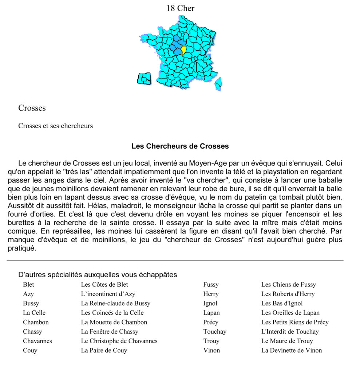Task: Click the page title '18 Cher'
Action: click(180, 8)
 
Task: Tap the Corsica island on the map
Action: click(218, 83)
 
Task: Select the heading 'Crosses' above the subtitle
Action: click(32, 108)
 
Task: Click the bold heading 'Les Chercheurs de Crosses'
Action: click(180, 146)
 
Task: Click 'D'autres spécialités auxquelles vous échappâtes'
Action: click(98, 275)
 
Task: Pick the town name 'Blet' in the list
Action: click(29, 285)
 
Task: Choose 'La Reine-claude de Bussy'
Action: click(115, 303)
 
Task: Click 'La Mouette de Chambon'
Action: click(114, 322)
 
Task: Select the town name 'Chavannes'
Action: click(37, 341)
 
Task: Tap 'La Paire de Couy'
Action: click(104, 351)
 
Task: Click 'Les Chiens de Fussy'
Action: click(288, 285)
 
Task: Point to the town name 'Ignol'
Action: click(210, 303)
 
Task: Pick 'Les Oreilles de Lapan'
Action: click(290, 313)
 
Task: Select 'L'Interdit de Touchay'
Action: click(290, 332)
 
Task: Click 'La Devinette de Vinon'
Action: click(291, 351)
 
